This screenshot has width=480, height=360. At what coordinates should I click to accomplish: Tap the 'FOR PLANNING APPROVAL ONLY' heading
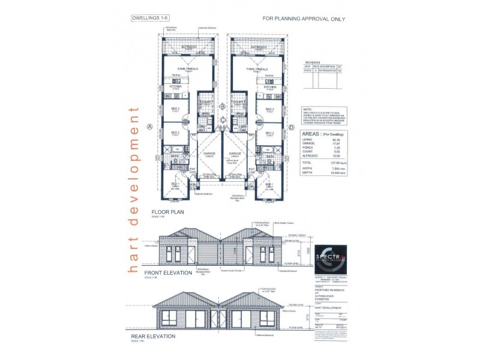tap(304, 19)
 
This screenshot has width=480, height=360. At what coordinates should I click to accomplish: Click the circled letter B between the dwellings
tap(223, 107)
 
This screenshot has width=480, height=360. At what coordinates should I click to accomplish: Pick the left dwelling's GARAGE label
tap(209, 154)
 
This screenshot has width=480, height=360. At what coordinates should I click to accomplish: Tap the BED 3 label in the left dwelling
tap(175, 109)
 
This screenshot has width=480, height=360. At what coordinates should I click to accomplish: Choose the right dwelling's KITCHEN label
tap(269, 87)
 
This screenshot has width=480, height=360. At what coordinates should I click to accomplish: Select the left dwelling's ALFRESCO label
tap(187, 46)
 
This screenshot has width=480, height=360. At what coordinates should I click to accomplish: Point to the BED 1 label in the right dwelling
tap(269, 184)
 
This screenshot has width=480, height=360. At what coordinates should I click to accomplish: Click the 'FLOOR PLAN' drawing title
tap(167, 212)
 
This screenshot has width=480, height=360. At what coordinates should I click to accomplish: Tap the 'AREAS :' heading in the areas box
tap(312, 134)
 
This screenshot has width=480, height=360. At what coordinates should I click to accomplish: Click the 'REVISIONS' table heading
tap(313, 62)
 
